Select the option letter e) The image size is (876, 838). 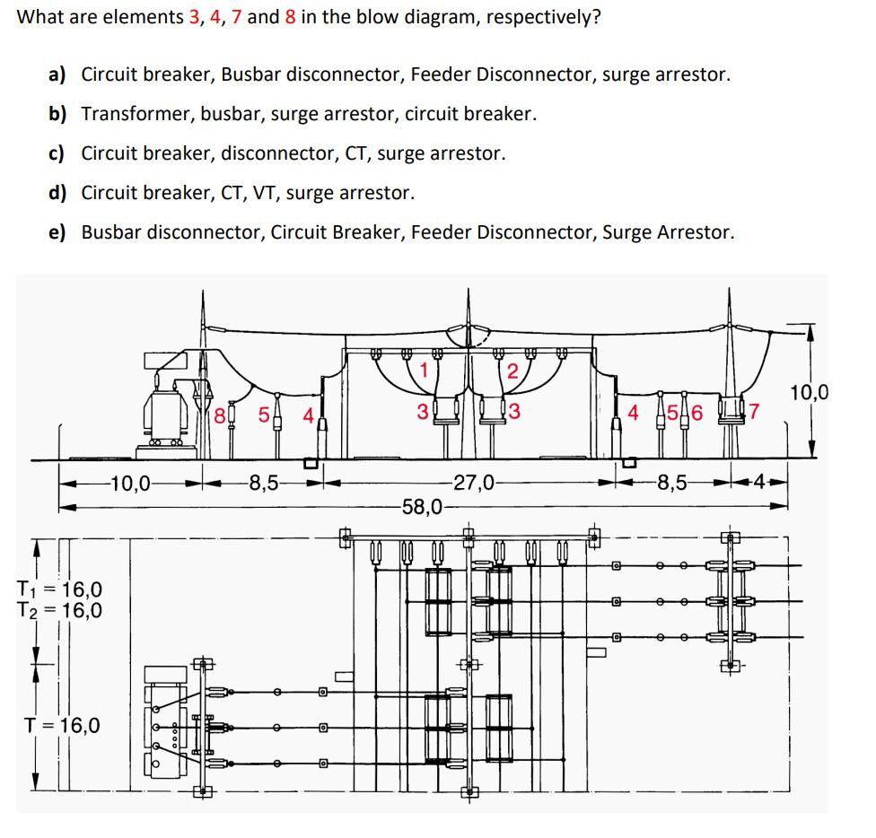pyautogui.click(x=57, y=232)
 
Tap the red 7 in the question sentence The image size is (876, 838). pyautogui.click(x=237, y=18)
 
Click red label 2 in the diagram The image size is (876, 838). pyautogui.click(x=512, y=371)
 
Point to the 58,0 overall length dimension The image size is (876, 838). pyautogui.click(x=423, y=507)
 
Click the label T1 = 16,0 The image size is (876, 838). pyautogui.click(x=59, y=589)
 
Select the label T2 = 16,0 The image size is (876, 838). pyautogui.click(x=59, y=611)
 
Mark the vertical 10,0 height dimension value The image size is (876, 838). pyautogui.click(x=809, y=392)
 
